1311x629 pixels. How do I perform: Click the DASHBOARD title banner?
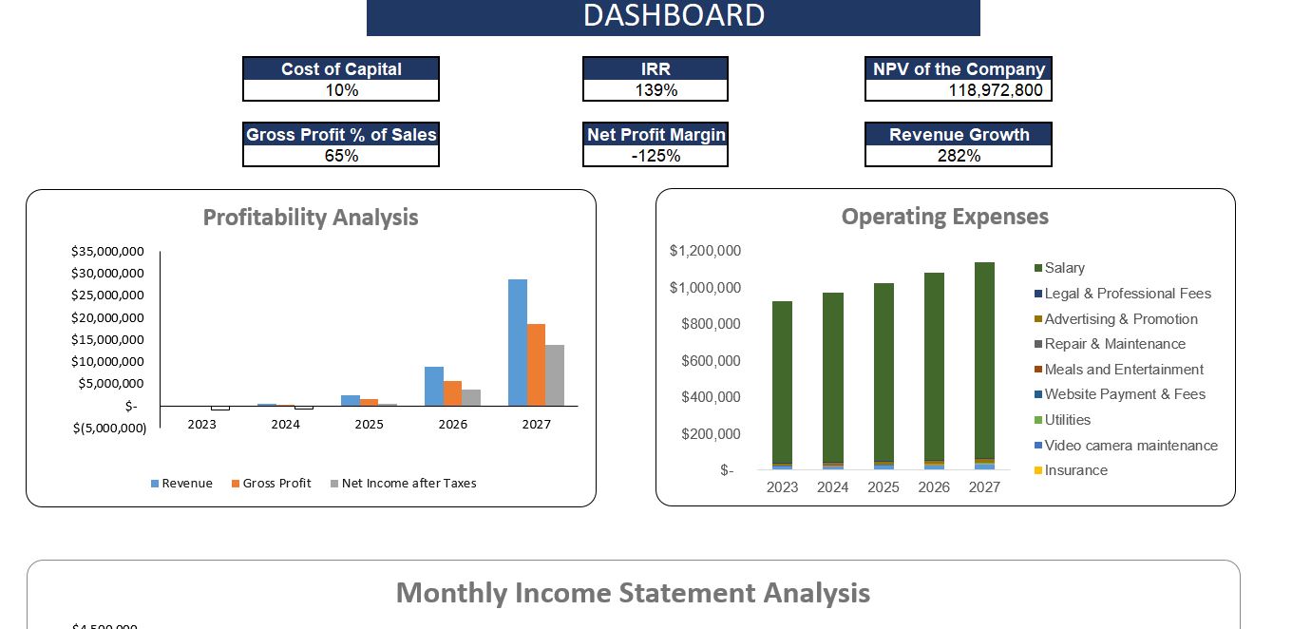(673, 16)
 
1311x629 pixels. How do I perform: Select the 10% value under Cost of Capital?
(341, 90)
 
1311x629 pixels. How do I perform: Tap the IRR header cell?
(655, 68)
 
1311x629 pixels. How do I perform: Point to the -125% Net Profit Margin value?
(655, 156)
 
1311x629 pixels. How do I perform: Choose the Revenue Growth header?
(959, 134)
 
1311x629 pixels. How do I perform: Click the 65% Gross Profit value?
(341, 156)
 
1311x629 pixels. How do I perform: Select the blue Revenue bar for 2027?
(518, 342)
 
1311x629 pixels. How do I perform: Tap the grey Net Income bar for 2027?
(555, 375)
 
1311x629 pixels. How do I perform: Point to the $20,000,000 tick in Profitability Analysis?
(107, 317)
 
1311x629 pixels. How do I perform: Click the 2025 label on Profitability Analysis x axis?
(369, 425)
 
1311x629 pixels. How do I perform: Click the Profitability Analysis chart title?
(311, 218)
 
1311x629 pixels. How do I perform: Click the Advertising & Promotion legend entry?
(1120, 319)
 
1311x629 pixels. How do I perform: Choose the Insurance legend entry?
(1075, 470)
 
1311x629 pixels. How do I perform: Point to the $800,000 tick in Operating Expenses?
(711, 324)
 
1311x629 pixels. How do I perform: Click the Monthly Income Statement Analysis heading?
(633, 593)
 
